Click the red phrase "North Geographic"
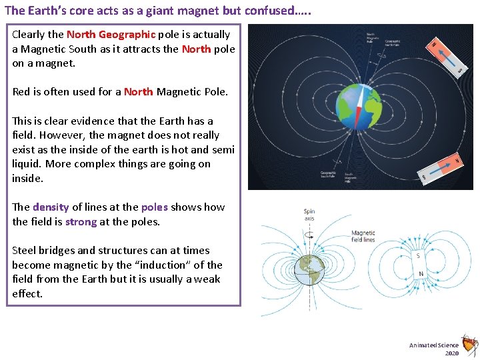click(x=111, y=35)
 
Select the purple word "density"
click(x=51, y=207)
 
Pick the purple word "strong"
click(x=81, y=222)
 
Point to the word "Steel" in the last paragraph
click(x=25, y=251)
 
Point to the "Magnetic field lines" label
click(x=363, y=237)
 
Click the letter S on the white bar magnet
click(x=419, y=256)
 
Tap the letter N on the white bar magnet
click(x=420, y=274)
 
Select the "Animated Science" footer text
click(x=434, y=345)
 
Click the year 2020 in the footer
click(x=452, y=353)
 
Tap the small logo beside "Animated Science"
click(x=469, y=345)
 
